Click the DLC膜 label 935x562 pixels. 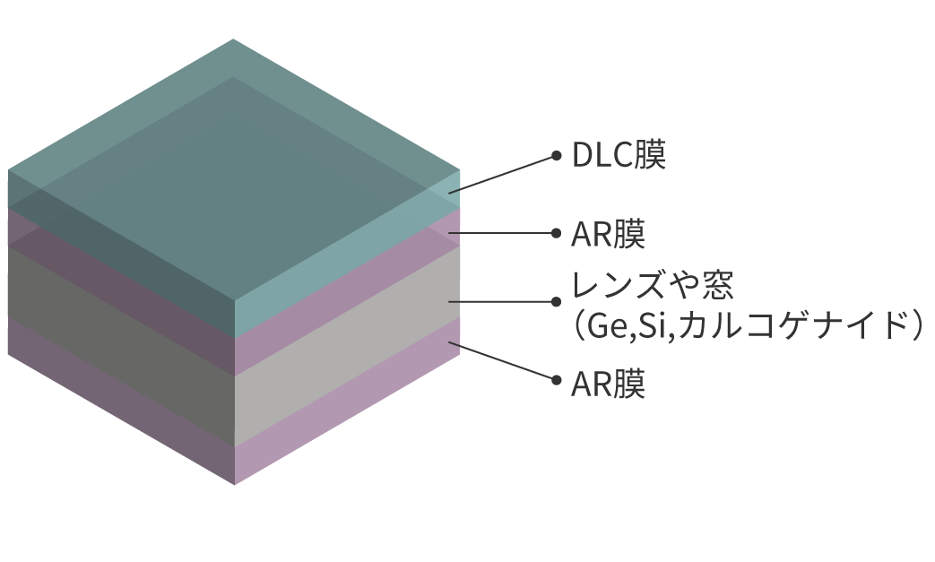click(x=619, y=157)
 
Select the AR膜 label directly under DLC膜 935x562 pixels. click(x=609, y=235)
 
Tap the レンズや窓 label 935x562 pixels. click(x=654, y=286)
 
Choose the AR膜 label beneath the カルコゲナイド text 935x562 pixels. click(x=609, y=385)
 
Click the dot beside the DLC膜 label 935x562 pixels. click(x=556, y=156)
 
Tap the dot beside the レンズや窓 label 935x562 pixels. click(x=556, y=301)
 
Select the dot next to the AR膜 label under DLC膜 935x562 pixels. click(x=556, y=233)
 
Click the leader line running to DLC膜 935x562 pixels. click(x=502, y=174)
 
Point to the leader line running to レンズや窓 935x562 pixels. click(x=502, y=301)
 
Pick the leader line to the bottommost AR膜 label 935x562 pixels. click(x=502, y=360)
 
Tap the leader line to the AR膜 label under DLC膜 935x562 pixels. click(x=502, y=233)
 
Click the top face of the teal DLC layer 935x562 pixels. click(x=233, y=161)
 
